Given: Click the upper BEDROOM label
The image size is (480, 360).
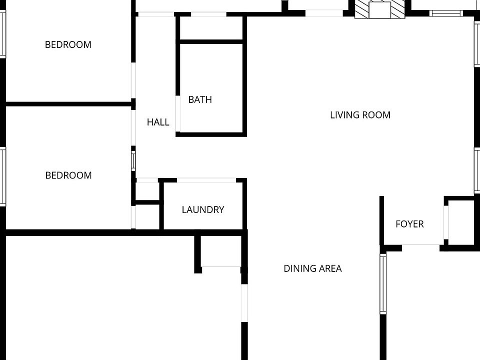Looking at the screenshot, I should [68, 44].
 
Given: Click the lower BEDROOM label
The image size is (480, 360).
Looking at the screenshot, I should [68, 175].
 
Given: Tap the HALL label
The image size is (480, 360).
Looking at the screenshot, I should [158, 122].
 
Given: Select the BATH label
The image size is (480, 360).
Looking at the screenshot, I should [200, 99].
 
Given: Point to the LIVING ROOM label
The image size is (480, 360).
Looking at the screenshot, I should [360, 115].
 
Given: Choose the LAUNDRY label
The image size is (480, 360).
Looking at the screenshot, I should [203, 210].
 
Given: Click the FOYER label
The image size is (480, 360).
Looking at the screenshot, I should [409, 224].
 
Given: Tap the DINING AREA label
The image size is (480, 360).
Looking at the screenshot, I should [313, 268].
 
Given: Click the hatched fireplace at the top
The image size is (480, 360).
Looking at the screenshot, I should [379, 9].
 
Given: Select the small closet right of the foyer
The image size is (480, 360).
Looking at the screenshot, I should [461, 222].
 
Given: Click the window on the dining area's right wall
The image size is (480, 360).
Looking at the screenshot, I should [383, 283].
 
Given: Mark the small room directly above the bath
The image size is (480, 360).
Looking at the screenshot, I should [211, 28].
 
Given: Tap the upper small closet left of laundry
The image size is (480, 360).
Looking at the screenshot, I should [146, 190].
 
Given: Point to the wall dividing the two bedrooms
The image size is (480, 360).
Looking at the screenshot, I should [68, 104].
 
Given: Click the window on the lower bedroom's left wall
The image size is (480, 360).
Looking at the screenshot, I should [2, 176].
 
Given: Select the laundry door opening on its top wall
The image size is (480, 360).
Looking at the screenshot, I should [206, 180].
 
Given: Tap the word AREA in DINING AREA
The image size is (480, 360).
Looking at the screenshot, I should [330, 268].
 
